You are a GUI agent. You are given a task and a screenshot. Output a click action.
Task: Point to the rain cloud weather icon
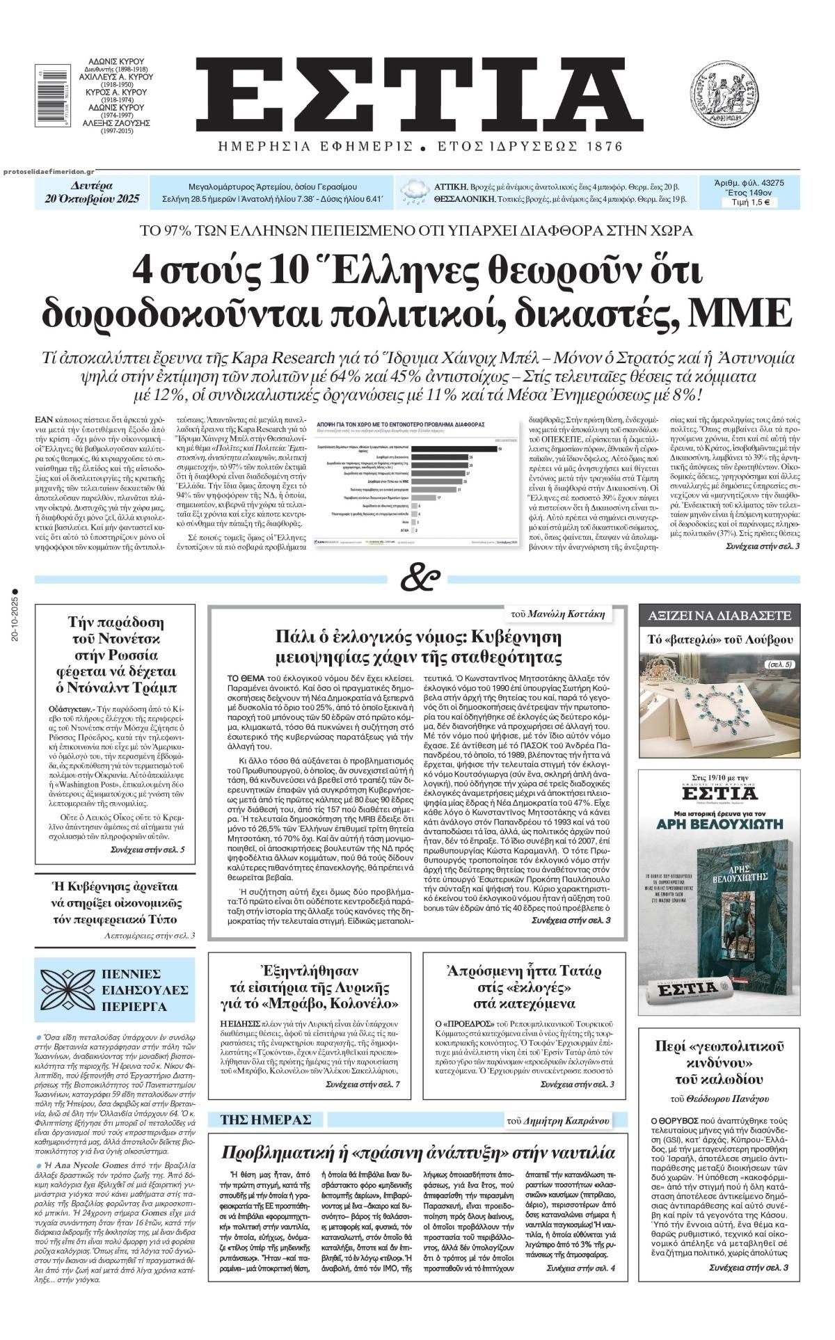click(x=415, y=192)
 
